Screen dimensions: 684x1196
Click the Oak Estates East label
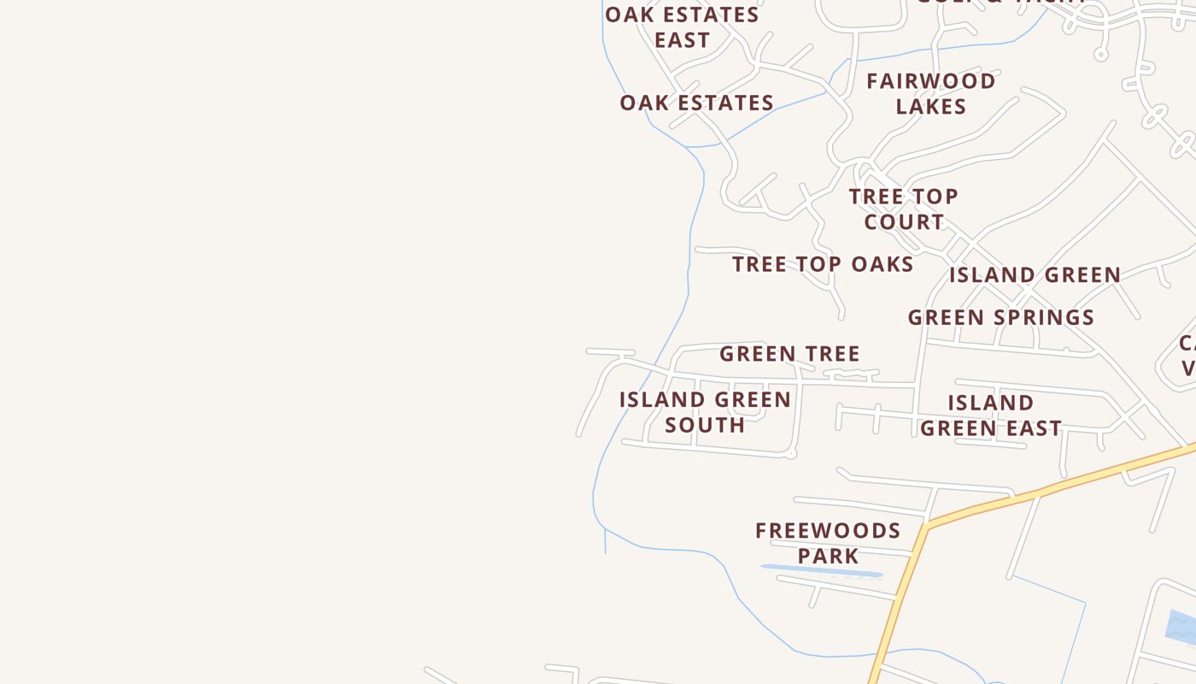tap(682, 27)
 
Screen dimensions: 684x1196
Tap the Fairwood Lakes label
tap(930, 93)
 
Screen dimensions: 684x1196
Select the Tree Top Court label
tap(903, 209)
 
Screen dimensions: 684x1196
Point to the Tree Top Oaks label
tap(823, 264)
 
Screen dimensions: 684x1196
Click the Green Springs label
tap(1000, 317)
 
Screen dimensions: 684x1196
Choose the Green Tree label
tap(789, 353)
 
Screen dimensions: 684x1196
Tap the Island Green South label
tap(705, 411)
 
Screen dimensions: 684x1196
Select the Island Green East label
tap(991, 415)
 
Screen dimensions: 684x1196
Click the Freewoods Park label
tap(828, 543)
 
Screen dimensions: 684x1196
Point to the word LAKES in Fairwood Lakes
tap(930, 106)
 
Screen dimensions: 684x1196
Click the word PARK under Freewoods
tap(828, 556)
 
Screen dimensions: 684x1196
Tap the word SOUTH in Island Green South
tap(705, 424)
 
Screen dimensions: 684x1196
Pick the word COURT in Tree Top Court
tap(903, 221)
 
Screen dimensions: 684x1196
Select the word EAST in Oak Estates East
tap(682, 40)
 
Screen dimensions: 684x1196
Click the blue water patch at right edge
tap(1182, 628)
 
